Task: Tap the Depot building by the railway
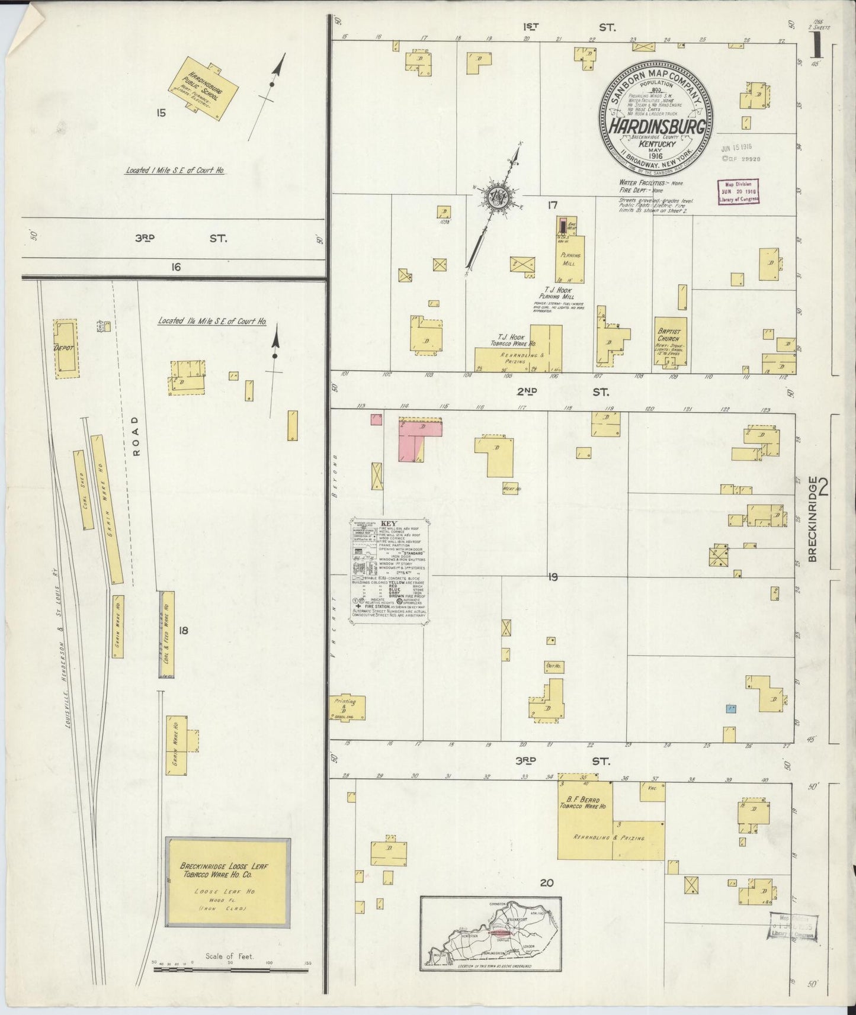click(65, 348)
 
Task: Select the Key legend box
click(387, 572)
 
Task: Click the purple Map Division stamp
click(738, 193)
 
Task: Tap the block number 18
click(183, 631)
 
